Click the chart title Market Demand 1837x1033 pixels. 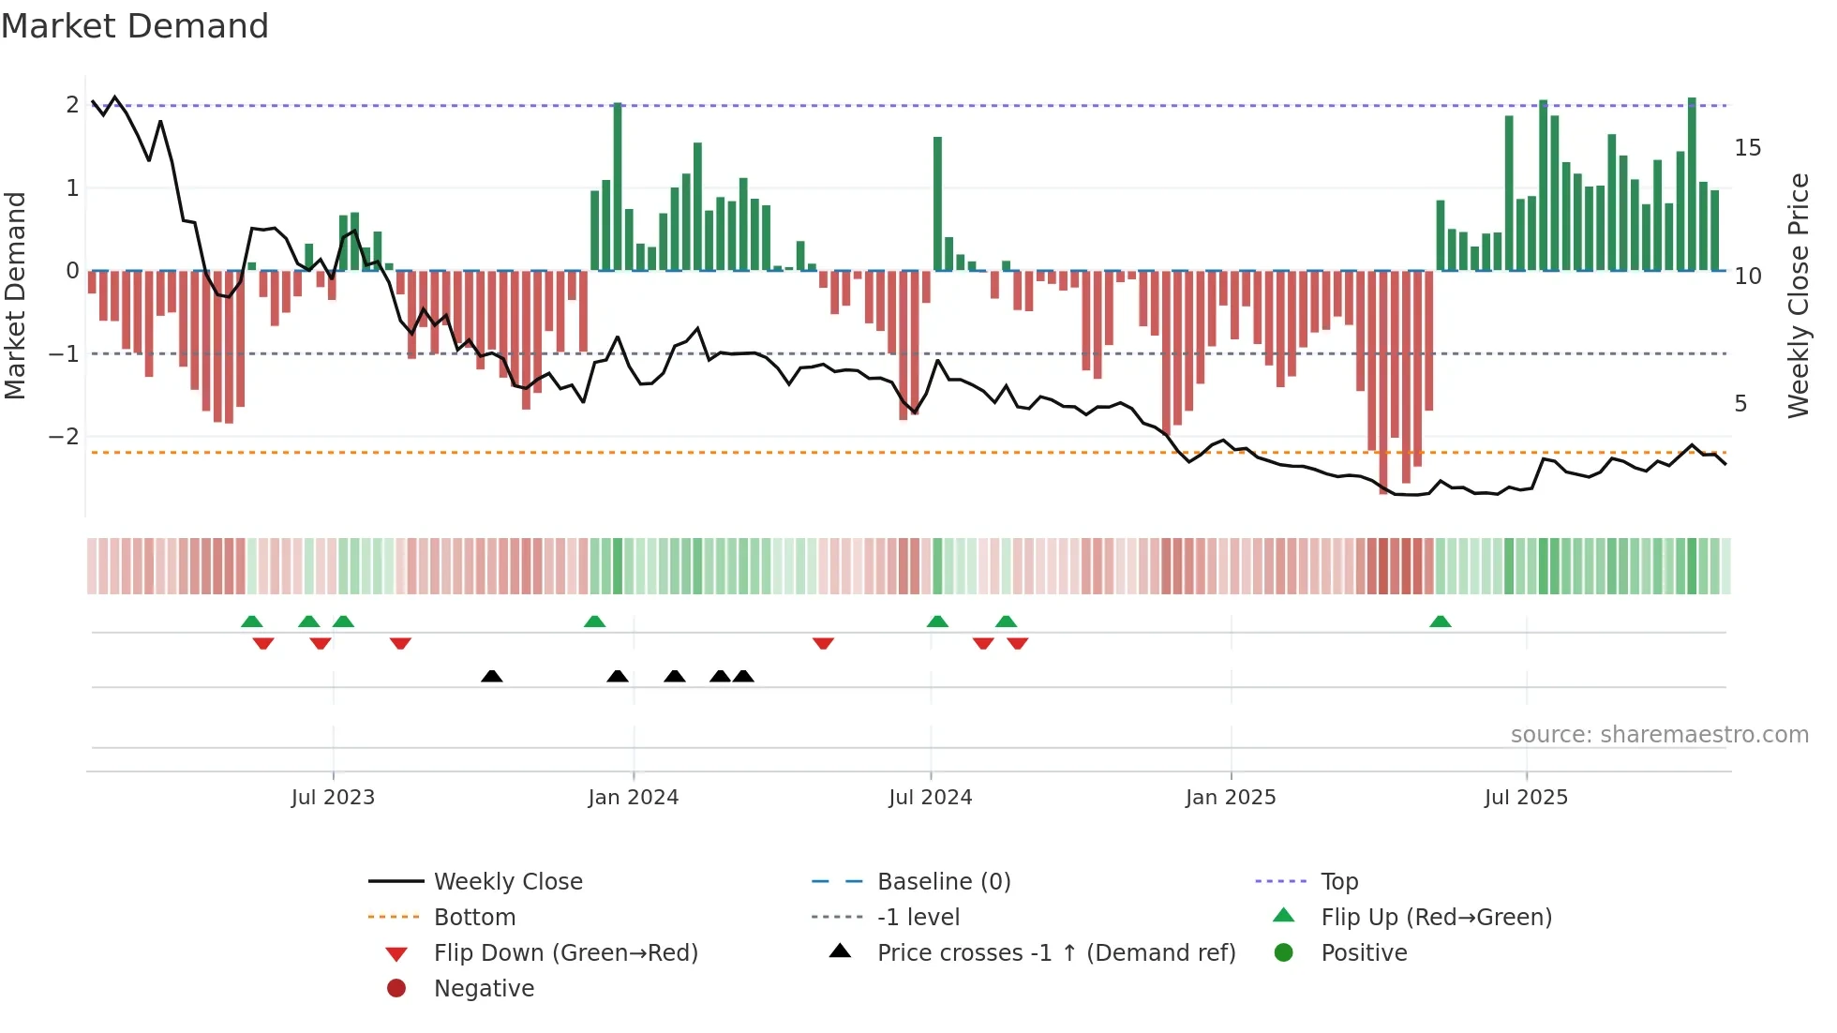(x=135, y=26)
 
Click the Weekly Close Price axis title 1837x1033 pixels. (x=1798, y=295)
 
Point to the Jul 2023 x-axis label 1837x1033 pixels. (x=333, y=798)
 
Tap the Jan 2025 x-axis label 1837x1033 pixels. (x=1230, y=798)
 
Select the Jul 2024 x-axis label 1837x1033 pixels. (x=930, y=798)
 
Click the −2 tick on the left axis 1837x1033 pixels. (x=65, y=437)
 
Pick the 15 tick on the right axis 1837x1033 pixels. (x=1747, y=148)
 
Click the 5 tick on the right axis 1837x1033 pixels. (x=1740, y=404)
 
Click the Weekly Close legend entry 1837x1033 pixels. (x=507, y=882)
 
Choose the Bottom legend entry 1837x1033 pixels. (x=474, y=918)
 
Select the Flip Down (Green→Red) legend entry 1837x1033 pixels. (x=565, y=953)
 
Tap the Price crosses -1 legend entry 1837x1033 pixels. (x=1055, y=953)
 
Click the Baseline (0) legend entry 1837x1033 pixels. (x=943, y=882)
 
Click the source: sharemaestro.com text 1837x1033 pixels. (x=1659, y=735)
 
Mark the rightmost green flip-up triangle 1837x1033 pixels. (x=1441, y=621)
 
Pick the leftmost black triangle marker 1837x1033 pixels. (x=491, y=676)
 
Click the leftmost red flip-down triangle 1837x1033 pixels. (x=263, y=643)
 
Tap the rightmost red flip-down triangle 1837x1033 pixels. (x=1018, y=643)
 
